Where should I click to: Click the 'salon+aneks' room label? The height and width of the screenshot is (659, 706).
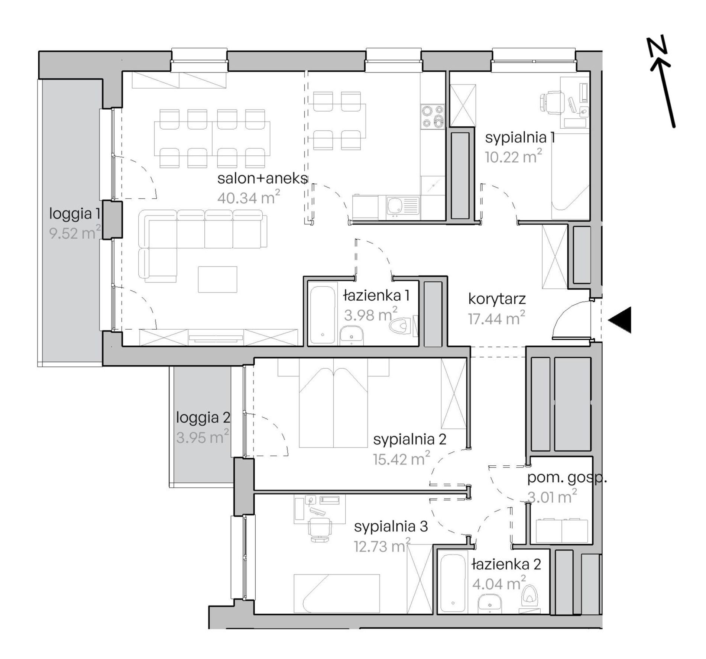262,179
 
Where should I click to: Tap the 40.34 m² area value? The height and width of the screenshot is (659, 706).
248,197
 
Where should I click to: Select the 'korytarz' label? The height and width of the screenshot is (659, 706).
497,299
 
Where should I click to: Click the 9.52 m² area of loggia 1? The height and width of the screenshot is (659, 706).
75,233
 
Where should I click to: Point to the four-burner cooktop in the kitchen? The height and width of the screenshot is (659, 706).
433,116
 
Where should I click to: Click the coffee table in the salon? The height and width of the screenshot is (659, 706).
217,280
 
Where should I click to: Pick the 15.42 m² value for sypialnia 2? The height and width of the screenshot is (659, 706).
402,459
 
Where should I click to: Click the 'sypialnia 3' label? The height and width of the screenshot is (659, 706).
391,526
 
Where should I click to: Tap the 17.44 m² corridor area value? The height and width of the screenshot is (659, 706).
496,319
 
